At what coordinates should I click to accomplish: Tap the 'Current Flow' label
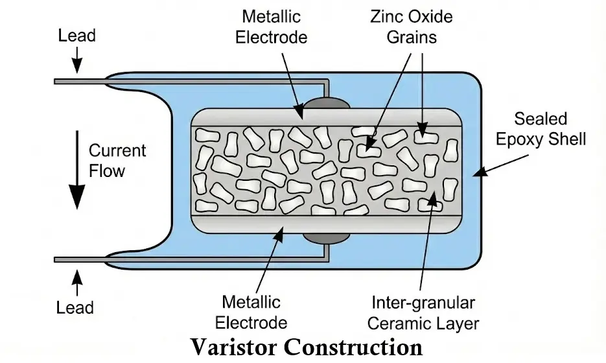pos(117,161)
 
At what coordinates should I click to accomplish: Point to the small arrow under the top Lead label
pos(76,62)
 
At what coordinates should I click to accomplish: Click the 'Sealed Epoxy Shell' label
pos(541,128)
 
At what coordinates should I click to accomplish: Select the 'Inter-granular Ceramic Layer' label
pos(425,312)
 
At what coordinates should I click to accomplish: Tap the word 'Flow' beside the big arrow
pos(107,171)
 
